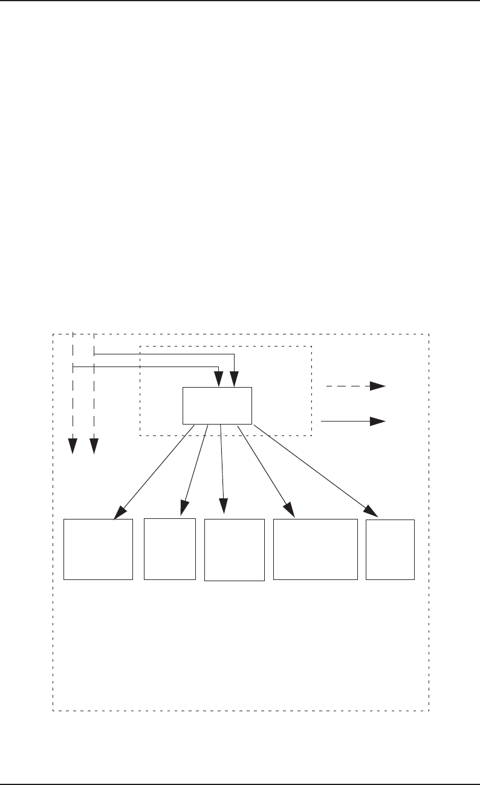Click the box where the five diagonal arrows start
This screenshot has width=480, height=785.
click(217, 405)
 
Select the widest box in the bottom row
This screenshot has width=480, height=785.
click(315, 549)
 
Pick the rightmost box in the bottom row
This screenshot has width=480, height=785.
click(391, 549)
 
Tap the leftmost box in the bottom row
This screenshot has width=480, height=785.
click(98, 549)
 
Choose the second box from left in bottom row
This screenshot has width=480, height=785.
click(170, 549)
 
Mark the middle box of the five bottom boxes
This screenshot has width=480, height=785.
click(235, 550)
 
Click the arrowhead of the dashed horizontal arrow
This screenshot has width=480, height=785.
click(379, 385)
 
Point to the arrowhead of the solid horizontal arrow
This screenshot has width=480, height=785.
click(379, 422)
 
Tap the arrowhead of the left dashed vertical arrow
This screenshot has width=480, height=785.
click(73, 446)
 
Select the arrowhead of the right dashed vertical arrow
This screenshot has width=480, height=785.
click(94, 446)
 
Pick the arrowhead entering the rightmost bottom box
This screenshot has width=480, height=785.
click(372, 511)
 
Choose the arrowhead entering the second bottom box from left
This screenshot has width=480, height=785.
click(183, 509)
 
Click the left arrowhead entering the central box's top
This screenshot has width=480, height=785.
click(218, 380)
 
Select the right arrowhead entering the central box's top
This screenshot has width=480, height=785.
click(235, 380)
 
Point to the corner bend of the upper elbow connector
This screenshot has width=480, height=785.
click(235, 354)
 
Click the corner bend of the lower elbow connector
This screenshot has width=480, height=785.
click(218, 366)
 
